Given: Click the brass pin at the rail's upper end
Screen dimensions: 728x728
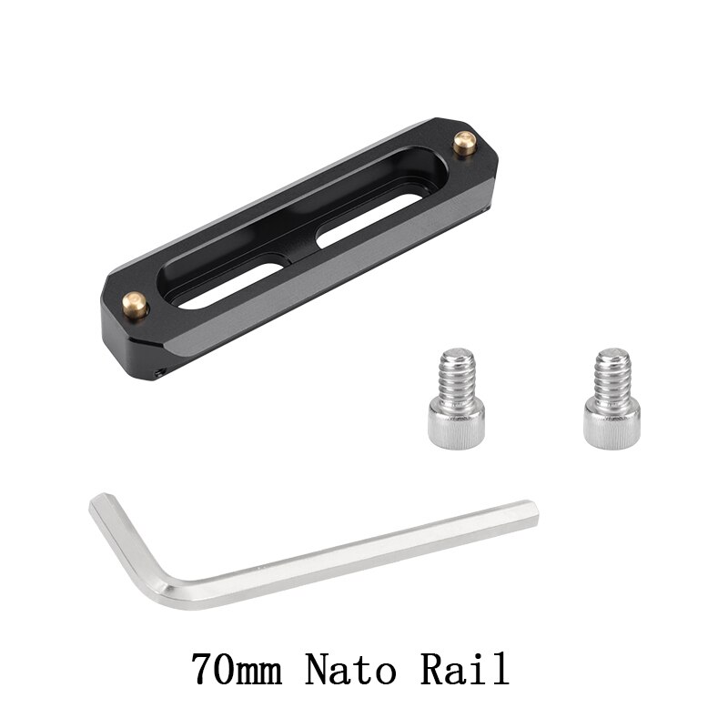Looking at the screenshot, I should [464, 144].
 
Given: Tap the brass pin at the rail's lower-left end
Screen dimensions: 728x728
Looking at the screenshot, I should [136, 302].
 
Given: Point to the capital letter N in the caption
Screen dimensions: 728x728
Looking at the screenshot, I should [318, 671].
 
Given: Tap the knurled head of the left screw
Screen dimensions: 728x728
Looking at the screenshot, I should [456, 418].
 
